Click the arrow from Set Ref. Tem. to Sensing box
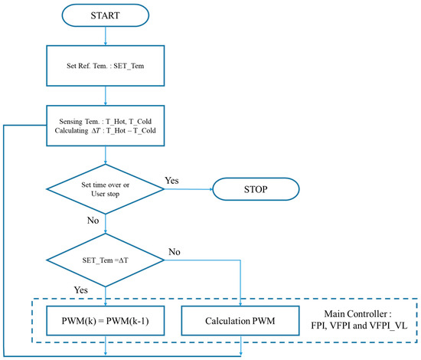[106, 100]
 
